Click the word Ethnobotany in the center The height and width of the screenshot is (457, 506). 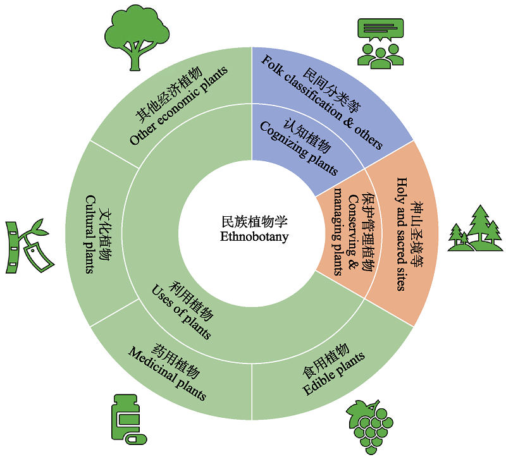tap(254, 237)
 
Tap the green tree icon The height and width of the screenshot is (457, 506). tap(137, 37)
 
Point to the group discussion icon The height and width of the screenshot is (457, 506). tap(381, 44)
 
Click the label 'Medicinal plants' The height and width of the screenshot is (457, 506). tap(167, 374)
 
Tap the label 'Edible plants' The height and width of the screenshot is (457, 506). tap(334, 374)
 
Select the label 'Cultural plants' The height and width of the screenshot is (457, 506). tap(90, 235)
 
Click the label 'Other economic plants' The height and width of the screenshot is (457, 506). tap(179, 106)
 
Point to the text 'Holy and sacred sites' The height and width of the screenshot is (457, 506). tap(402, 234)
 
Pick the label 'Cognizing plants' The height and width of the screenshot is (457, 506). tap(299, 149)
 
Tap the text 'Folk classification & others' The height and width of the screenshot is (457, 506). tap(322, 102)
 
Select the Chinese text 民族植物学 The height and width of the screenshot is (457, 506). tap(254, 222)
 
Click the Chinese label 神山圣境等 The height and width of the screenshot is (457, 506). tap(416, 235)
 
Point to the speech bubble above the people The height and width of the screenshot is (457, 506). tap(381, 30)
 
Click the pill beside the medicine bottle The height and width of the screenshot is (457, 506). tap(137, 439)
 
